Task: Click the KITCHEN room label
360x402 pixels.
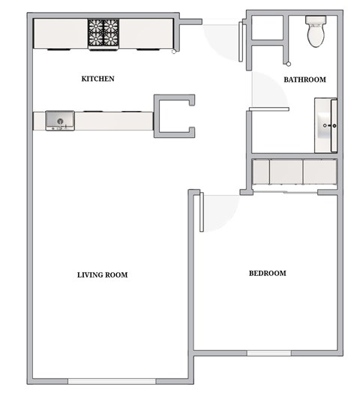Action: [97, 79]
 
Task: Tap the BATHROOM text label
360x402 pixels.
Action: [304, 79]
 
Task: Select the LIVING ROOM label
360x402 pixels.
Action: [103, 274]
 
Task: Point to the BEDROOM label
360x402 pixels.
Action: [268, 273]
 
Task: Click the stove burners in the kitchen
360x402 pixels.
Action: [104, 33]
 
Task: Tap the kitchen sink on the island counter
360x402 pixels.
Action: [60, 119]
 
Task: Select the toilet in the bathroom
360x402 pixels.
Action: [316, 32]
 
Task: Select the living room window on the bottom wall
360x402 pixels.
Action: [113, 382]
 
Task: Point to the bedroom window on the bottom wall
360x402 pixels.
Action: [268, 353]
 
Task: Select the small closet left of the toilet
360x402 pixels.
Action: [265, 28]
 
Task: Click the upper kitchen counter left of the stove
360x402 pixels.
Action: [61, 33]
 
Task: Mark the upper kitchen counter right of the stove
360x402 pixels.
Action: [147, 33]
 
